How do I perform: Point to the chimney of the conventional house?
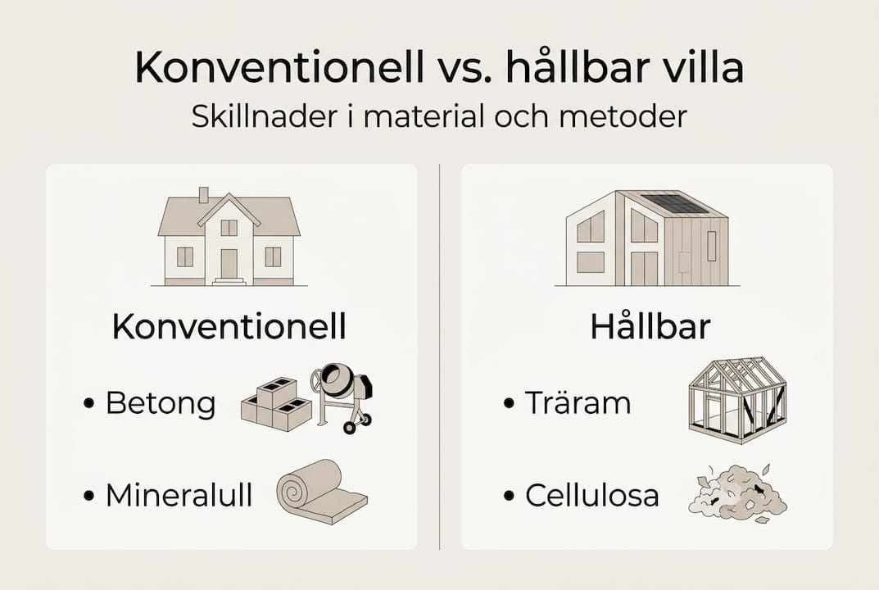[204, 195]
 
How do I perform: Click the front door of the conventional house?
[229, 263]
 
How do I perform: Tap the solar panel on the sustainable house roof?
[673, 203]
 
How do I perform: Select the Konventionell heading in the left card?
[229, 327]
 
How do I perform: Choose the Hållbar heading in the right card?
[650, 327]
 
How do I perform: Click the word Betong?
[161, 403]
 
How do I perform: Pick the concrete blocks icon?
[275, 405]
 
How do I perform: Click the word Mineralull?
[179, 495]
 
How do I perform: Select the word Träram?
[578, 403]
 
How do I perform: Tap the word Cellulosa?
[592, 495]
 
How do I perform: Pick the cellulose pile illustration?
[737, 493]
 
